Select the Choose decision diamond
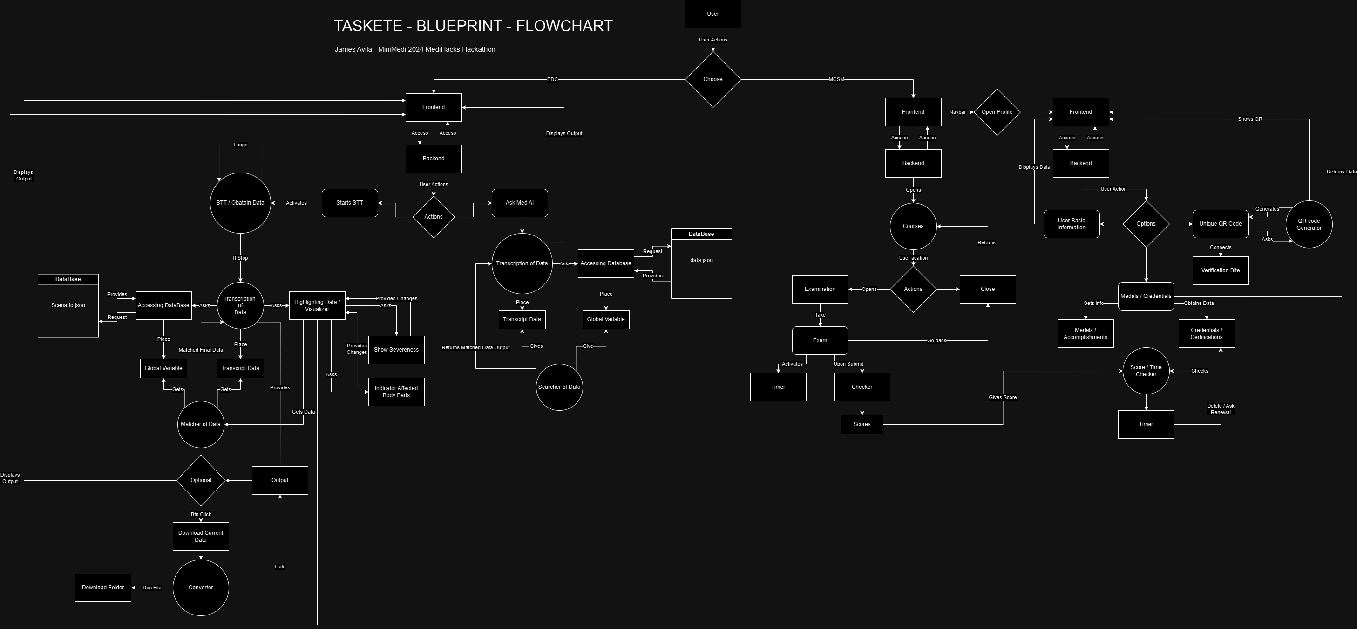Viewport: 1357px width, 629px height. point(713,80)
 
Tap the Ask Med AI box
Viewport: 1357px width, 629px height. point(519,203)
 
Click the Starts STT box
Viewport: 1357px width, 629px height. point(350,203)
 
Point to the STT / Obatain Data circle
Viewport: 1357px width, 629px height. point(240,203)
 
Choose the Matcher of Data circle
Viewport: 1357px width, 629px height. point(201,424)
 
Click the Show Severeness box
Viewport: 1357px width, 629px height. point(396,350)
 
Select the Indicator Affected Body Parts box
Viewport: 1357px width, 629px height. point(396,392)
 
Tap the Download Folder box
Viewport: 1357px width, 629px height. point(103,588)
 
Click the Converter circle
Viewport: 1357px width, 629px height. point(201,588)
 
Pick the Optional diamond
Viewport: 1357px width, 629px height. point(201,480)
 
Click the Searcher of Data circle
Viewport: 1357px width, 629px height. point(559,387)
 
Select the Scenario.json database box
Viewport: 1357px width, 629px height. point(68,306)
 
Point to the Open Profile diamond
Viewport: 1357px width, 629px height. point(997,112)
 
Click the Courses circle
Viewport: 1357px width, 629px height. point(913,226)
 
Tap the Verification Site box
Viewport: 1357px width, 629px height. point(1220,270)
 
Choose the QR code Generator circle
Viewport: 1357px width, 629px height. point(1309,225)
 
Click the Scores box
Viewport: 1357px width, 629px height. point(862,424)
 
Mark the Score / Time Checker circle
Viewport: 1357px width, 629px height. point(1146,371)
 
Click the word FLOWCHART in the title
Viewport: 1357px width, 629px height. point(564,26)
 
